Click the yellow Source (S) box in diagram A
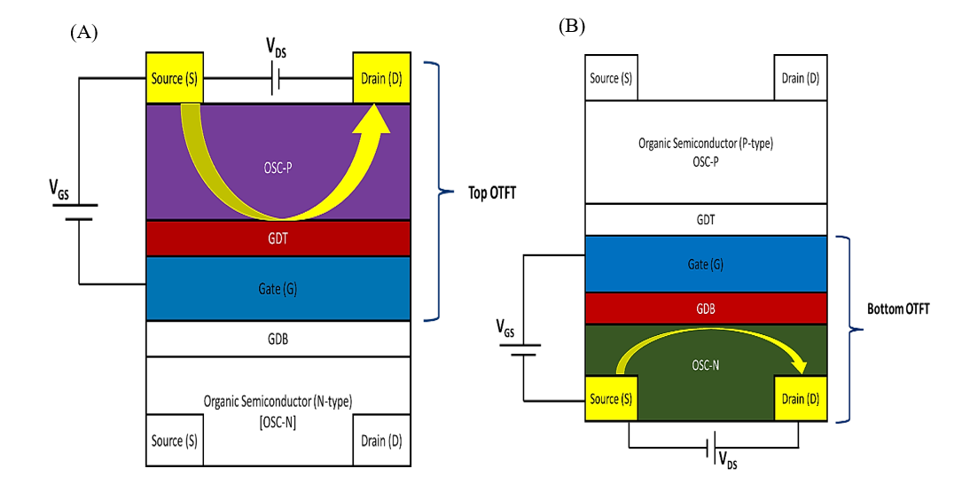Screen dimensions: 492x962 174,78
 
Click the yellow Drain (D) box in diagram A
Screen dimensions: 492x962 382,78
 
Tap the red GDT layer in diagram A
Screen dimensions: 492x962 278,238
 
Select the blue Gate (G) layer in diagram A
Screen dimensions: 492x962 278,288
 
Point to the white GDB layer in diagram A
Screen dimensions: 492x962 278,339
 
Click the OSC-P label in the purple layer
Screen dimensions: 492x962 278,167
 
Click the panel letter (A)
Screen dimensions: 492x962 83,33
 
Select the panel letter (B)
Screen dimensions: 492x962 572,26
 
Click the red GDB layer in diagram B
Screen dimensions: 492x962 706,308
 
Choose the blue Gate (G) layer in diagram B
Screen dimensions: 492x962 706,263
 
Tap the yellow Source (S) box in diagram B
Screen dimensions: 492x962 611,399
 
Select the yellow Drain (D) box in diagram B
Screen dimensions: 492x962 800,399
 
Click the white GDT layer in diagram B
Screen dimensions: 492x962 706,220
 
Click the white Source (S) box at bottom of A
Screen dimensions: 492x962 174,441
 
